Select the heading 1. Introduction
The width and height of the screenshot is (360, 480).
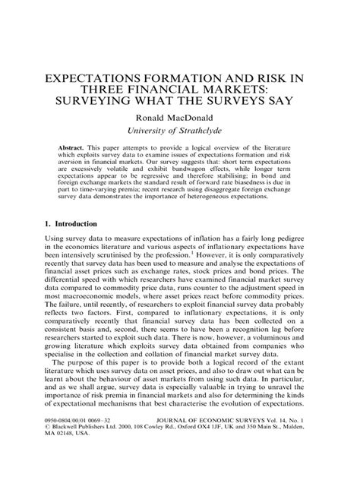point(61,225)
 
